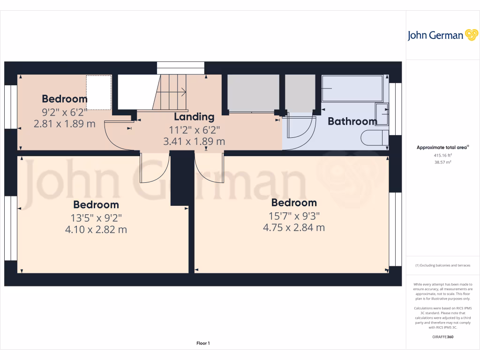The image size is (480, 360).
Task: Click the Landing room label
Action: (194, 117)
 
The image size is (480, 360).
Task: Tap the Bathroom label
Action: (352, 121)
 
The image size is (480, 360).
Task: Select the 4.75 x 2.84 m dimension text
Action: (294, 228)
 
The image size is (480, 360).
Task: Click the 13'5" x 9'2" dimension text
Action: (96, 217)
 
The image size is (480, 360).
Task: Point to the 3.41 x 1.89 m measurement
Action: (194, 141)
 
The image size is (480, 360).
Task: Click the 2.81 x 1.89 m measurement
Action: (65, 124)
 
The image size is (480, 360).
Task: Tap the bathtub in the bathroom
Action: (352, 89)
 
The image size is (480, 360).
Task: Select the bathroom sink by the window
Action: (382, 114)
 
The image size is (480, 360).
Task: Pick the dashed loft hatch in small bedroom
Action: (98, 92)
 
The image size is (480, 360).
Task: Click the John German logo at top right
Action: (442, 35)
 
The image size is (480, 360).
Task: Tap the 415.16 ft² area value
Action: (442, 155)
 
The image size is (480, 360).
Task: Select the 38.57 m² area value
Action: (442, 162)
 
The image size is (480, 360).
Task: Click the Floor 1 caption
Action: (203, 344)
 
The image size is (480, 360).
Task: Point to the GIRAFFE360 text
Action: (442, 337)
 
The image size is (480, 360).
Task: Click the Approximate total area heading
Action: (442, 148)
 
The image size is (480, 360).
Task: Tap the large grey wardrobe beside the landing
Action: (253, 93)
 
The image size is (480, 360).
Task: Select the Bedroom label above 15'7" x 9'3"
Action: (294, 203)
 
